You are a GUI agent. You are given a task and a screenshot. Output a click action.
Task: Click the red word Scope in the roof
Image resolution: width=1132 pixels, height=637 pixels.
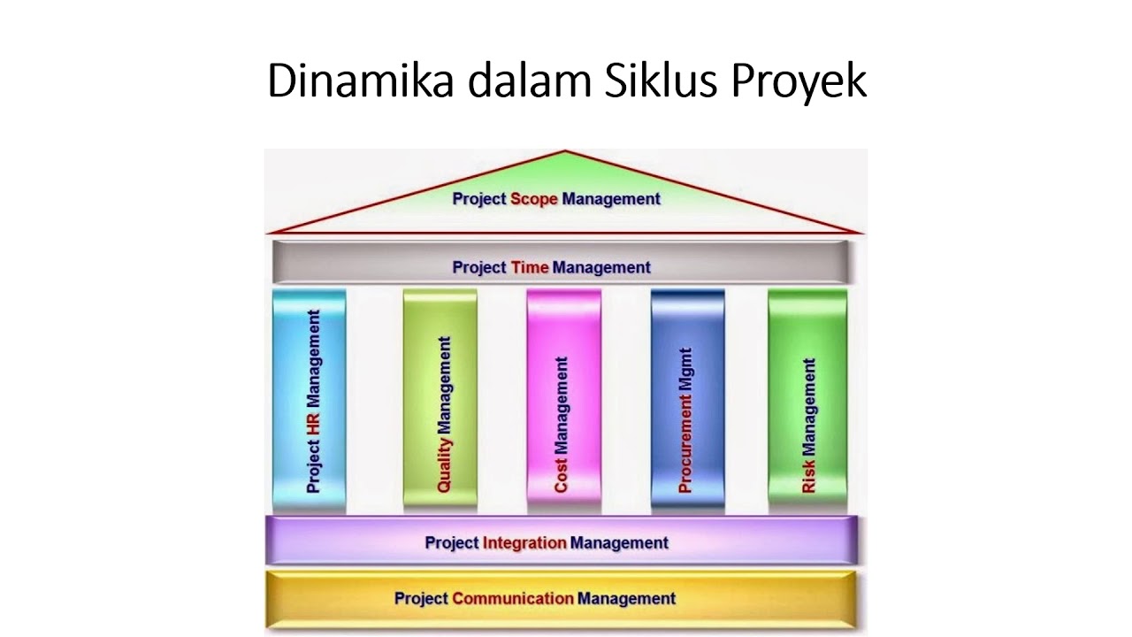click(x=534, y=199)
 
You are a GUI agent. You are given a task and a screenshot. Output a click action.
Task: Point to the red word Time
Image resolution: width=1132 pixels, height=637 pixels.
click(x=530, y=267)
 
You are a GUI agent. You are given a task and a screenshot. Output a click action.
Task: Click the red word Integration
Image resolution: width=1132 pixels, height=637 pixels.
click(x=525, y=542)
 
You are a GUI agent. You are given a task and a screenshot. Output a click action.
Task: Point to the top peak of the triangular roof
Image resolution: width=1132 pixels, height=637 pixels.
click(x=564, y=152)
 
